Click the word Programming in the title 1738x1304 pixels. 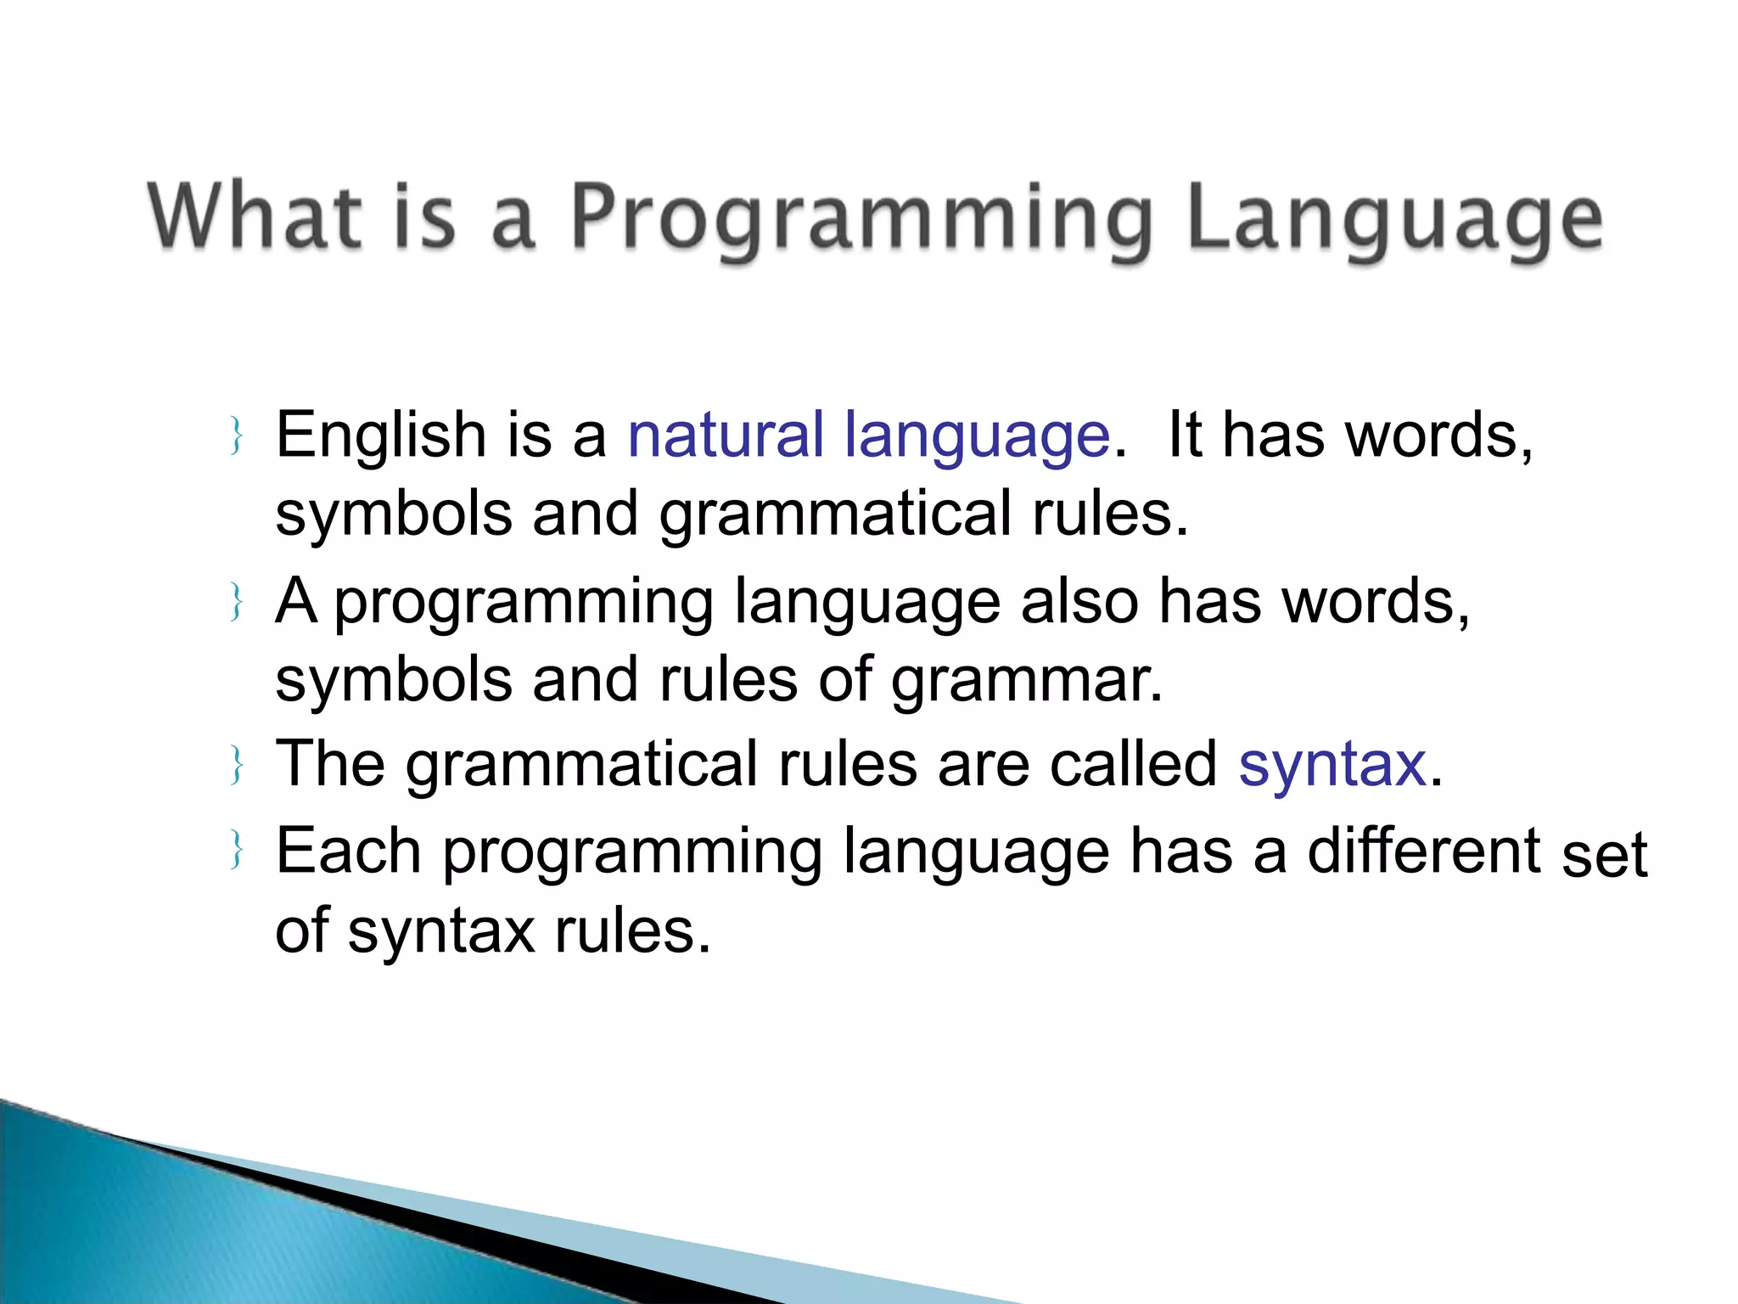coord(859,219)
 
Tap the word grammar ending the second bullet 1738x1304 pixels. coord(1026,681)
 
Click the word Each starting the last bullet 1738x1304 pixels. coord(348,851)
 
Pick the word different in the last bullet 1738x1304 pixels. coord(1423,851)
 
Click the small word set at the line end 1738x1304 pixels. coord(1604,856)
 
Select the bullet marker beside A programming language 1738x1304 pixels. coord(238,602)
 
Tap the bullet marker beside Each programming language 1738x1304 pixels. coord(238,850)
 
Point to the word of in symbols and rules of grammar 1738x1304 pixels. coord(844,681)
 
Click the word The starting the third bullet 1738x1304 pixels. coord(330,764)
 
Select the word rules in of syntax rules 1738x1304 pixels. coord(631,932)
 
